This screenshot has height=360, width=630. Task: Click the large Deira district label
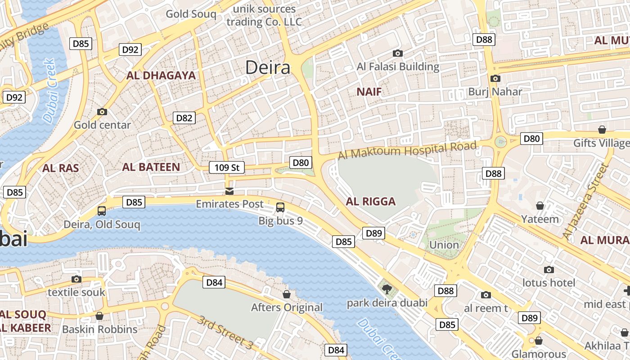coord(268,67)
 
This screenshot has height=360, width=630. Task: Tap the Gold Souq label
coord(191,14)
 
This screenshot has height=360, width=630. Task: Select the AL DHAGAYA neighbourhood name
coord(161,76)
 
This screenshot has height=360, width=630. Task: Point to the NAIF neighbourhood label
coord(369,92)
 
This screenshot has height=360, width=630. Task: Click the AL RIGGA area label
coord(371,202)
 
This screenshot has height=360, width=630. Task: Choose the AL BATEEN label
coord(151,167)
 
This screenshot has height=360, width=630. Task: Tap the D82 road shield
coord(184,118)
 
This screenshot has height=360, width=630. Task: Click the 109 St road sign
coord(227,168)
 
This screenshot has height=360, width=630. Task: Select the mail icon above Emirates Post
coord(229,192)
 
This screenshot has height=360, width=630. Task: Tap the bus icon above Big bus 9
coord(280,207)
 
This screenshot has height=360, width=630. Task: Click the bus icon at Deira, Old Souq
coord(102,211)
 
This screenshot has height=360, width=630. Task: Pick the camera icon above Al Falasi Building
coord(397,54)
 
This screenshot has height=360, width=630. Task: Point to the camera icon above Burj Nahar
coord(495,79)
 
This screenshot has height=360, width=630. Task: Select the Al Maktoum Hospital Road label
coord(407,150)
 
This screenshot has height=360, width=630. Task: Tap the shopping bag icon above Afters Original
coord(287,295)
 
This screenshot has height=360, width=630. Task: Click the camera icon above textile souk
coord(76,279)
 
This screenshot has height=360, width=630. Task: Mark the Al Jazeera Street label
coord(585,202)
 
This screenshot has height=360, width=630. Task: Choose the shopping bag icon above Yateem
coord(540,206)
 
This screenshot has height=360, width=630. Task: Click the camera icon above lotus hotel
coord(549,270)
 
